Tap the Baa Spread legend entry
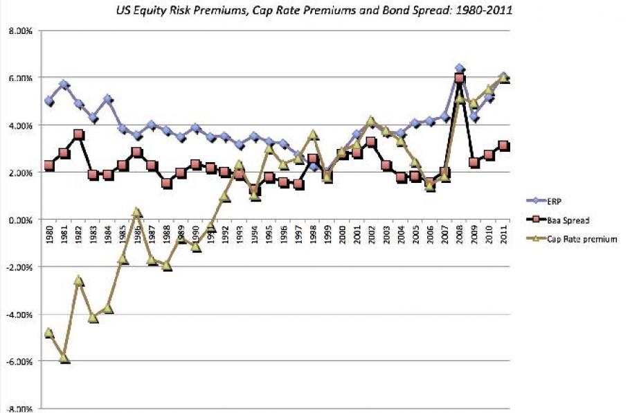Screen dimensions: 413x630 click(x=566, y=220)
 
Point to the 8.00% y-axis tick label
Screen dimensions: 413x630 click(x=21, y=31)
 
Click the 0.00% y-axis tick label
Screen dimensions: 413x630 click(x=21, y=220)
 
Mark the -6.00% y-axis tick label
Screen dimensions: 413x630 click(x=20, y=362)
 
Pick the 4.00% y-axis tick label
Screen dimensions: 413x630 click(x=21, y=125)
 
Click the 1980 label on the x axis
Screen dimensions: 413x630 click(x=49, y=234)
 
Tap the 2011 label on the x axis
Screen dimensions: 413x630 click(x=504, y=234)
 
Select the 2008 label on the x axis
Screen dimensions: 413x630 click(x=460, y=234)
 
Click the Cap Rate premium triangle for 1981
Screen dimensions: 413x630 click(x=64, y=358)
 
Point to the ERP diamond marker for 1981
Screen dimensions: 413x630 click(x=64, y=85)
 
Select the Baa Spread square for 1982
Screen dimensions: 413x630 click(x=79, y=134)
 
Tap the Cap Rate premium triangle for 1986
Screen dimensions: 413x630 click(x=137, y=212)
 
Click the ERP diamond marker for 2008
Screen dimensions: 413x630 click(x=460, y=69)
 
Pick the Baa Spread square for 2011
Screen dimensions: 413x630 click(x=504, y=146)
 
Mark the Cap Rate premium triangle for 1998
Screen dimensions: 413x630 click(x=313, y=134)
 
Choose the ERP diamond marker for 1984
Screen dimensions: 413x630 click(x=108, y=99)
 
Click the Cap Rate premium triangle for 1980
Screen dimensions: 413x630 click(x=49, y=333)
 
